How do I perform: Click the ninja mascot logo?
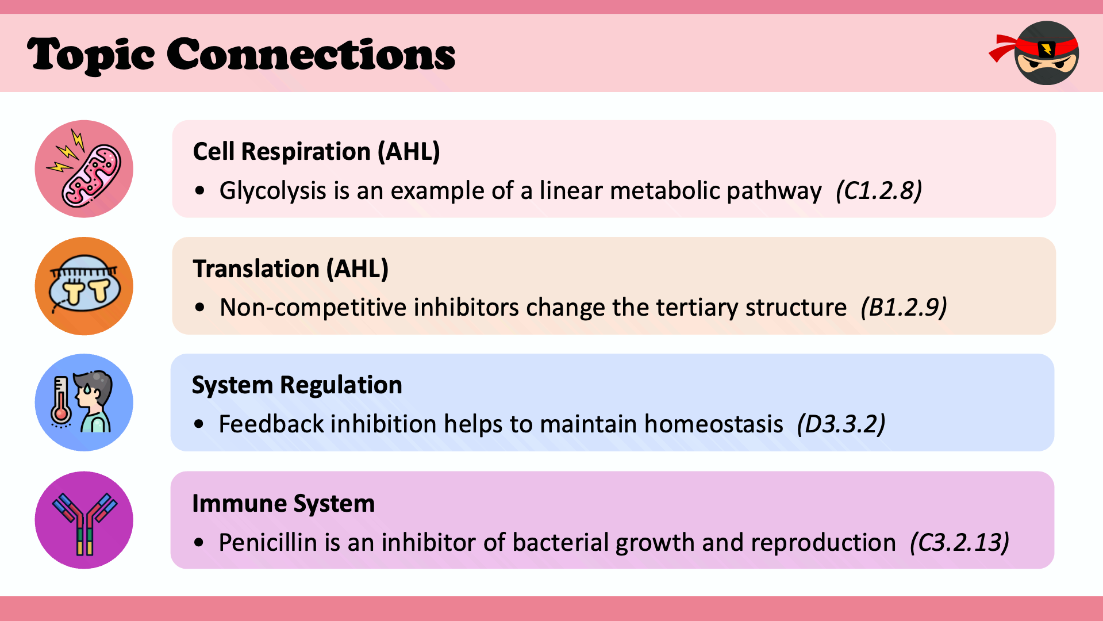pos(1037,53)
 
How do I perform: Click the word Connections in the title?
pos(311,55)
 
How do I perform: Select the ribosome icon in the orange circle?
pos(84,285)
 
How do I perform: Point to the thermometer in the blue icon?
pos(60,401)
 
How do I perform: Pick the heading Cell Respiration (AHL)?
pos(316,152)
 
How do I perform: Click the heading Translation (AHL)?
pos(291,269)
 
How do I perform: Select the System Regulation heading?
pos(297,385)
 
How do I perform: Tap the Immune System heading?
pos(283,504)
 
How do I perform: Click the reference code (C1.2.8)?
pos(879,191)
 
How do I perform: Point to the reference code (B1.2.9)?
pos(904,308)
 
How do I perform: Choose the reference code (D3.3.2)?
pos(841,424)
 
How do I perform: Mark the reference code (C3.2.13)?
pos(959,543)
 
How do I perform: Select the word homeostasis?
pos(713,424)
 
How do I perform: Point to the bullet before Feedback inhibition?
pos(199,425)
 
